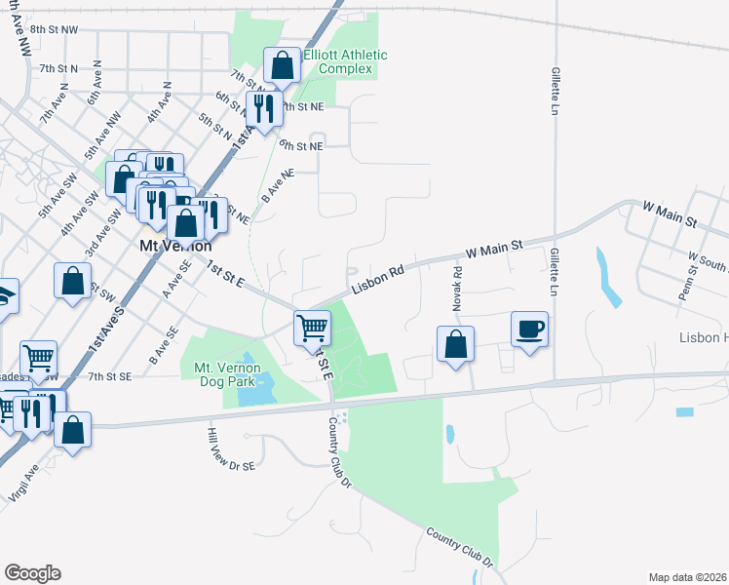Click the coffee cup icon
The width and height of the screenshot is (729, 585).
point(530,329)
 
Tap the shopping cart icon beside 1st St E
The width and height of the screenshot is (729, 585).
point(312,327)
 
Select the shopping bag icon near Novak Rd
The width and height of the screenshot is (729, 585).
point(455,344)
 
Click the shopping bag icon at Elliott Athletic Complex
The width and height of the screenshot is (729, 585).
point(282,66)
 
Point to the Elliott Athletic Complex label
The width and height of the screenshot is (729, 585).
point(345,62)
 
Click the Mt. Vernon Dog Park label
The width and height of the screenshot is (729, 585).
point(228,373)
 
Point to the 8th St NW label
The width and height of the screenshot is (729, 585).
point(54,30)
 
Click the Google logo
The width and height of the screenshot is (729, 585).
point(32,572)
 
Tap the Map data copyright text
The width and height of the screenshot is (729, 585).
point(688,577)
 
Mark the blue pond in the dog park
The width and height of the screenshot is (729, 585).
point(252,391)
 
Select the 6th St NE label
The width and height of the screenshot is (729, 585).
point(300,145)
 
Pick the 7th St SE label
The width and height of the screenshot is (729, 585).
point(109,375)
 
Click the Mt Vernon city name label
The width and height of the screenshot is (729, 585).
point(172,248)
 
